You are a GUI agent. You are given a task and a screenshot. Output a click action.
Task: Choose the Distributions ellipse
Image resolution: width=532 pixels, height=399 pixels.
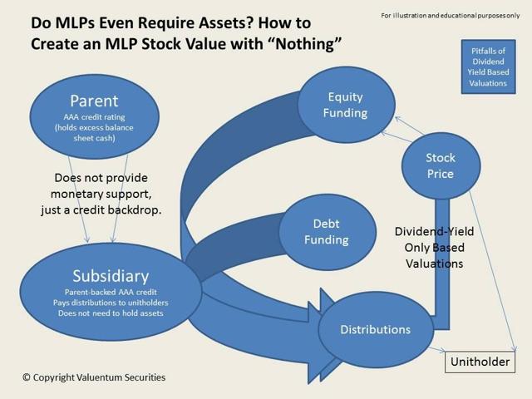coord(375,329)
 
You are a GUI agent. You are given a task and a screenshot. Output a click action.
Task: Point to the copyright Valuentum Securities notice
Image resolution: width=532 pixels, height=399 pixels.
coord(94,377)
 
